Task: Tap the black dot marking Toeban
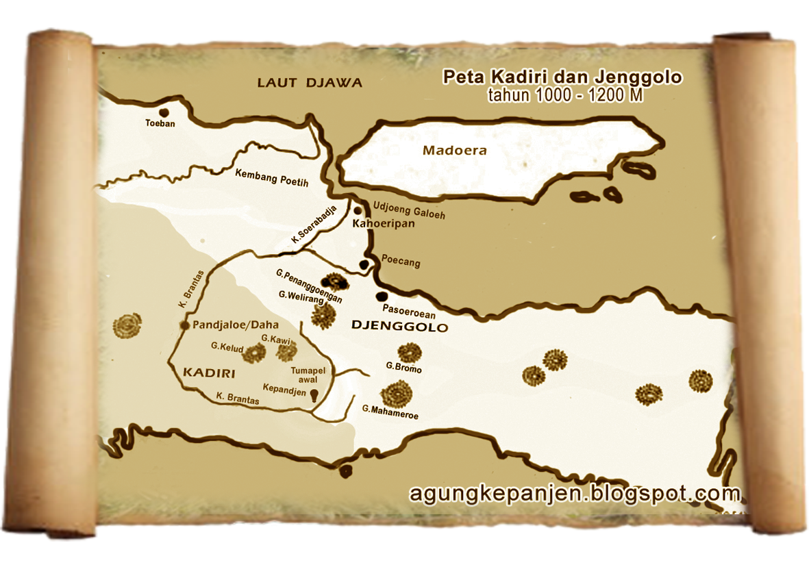(x=164, y=112)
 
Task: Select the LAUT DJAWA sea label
(x=310, y=83)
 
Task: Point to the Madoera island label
(x=454, y=151)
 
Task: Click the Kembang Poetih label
(x=271, y=178)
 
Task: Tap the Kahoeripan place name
(x=383, y=223)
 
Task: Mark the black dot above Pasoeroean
(x=382, y=297)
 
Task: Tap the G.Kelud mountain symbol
(x=255, y=353)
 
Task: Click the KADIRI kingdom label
(x=209, y=373)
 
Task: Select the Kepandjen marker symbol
(x=314, y=395)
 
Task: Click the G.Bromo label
(x=403, y=368)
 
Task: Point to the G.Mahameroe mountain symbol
(x=397, y=393)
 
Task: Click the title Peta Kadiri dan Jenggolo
(x=562, y=77)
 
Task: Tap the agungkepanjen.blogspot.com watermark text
(x=575, y=493)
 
